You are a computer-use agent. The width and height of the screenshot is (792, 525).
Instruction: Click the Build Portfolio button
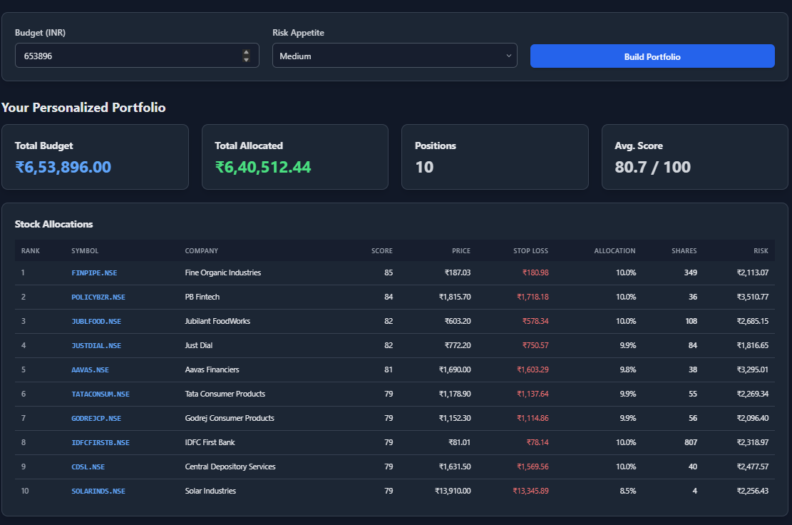tap(652, 56)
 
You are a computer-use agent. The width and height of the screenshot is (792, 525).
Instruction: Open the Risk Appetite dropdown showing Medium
tap(394, 56)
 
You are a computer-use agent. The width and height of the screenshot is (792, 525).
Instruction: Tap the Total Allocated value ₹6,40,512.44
tap(263, 168)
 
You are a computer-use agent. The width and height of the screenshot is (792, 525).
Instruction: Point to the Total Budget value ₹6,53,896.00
tap(63, 168)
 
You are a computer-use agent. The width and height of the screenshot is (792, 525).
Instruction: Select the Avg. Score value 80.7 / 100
tap(652, 168)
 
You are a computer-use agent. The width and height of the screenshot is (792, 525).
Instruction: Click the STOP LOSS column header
tap(530, 250)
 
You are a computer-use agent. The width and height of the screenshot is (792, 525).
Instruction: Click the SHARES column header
tap(684, 250)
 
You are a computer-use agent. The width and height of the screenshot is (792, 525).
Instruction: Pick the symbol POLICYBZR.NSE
tap(98, 297)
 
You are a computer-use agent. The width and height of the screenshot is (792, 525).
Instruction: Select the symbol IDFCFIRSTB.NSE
tap(101, 442)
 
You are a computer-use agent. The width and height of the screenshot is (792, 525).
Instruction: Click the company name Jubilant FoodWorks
tap(217, 321)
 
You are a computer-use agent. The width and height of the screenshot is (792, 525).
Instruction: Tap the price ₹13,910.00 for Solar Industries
tap(453, 491)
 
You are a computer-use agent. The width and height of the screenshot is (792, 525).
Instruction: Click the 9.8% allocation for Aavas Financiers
tap(626, 369)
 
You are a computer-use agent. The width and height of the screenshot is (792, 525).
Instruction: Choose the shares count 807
tap(690, 442)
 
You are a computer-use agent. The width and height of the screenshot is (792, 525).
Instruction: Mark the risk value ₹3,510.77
tap(753, 297)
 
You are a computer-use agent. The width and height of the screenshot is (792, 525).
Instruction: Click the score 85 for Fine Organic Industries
tap(388, 272)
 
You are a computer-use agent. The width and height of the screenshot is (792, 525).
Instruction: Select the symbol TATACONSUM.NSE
tap(101, 394)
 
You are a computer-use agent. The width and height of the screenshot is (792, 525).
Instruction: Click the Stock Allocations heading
tap(54, 224)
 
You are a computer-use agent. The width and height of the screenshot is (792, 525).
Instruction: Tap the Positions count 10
tap(424, 168)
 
